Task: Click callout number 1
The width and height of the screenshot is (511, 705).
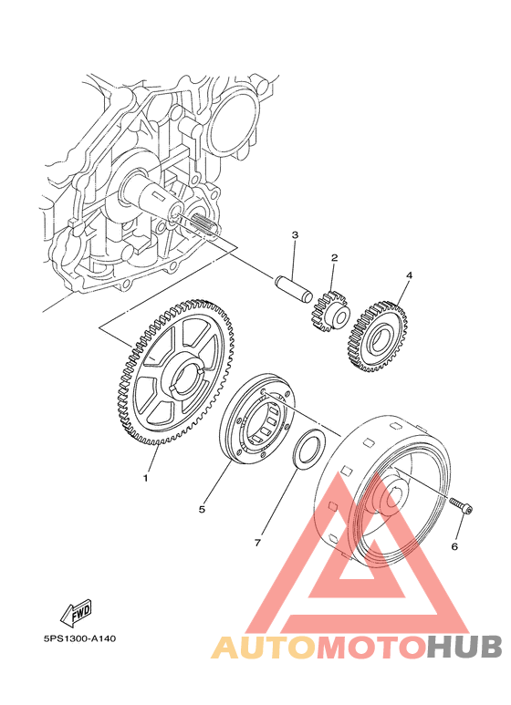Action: click(x=145, y=479)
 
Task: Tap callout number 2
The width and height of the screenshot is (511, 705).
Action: click(x=334, y=258)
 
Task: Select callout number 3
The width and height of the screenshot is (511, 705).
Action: click(x=295, y=234)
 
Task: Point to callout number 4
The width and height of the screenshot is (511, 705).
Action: click(x=409, y=275)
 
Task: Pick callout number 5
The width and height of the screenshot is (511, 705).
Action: click(x=202, y=509)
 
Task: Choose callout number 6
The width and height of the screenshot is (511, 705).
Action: click(x=454, y=546)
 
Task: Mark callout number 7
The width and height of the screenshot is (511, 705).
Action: click(x=257, y=544)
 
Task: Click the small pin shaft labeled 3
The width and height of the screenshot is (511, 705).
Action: click(x=293, y=290)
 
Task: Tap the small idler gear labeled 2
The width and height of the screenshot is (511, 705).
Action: click(x=330, y=313)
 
